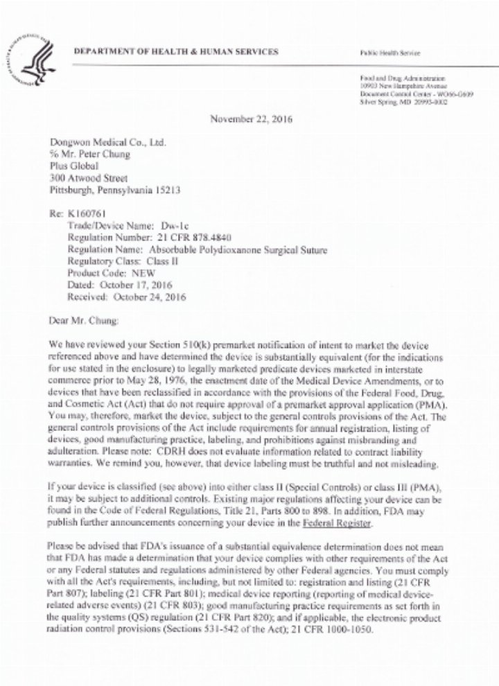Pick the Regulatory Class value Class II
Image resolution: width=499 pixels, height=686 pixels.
pos(164,262)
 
